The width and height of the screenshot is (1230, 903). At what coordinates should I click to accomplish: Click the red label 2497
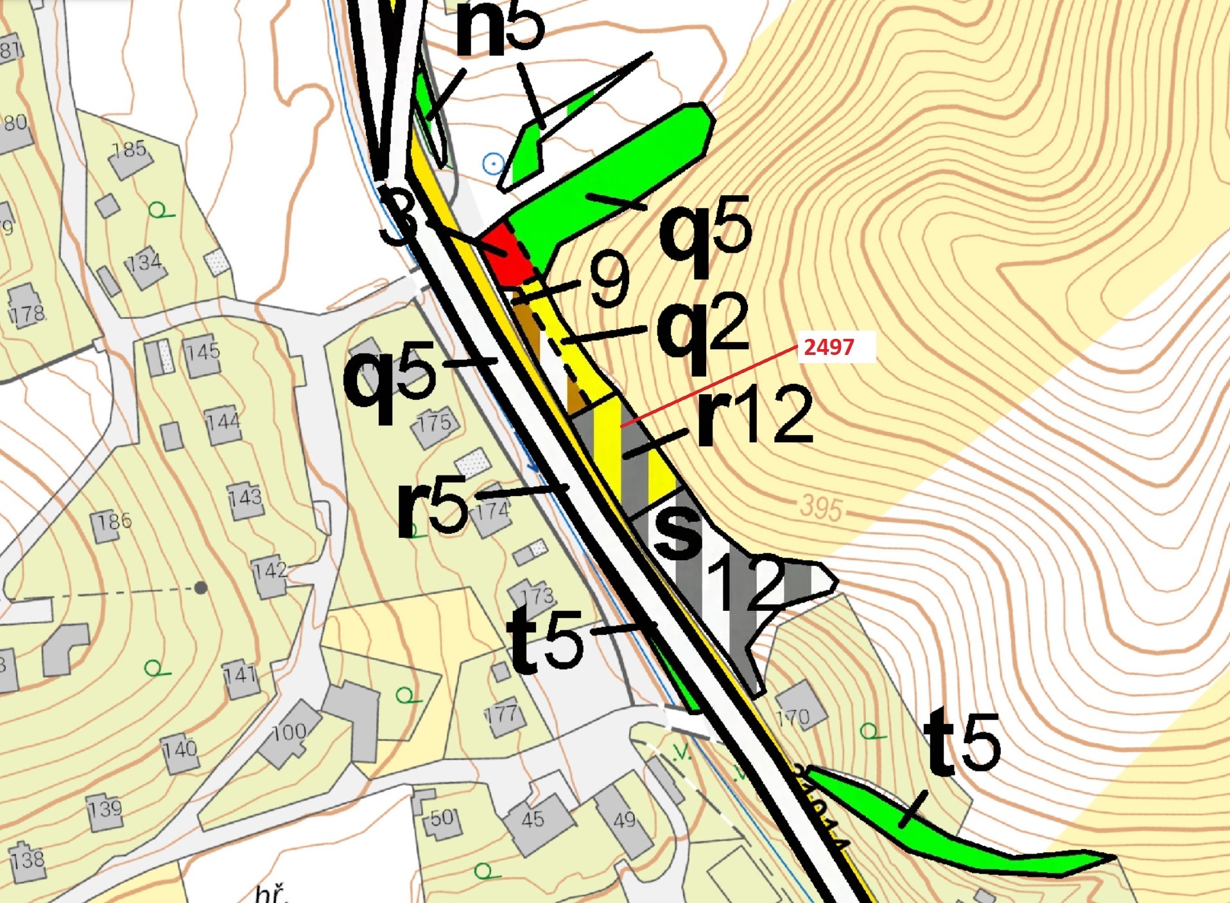click(829, 347)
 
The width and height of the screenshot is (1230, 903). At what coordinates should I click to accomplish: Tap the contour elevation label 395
click(821, 509)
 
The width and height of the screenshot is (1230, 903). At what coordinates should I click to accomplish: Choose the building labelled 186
click(113, 522)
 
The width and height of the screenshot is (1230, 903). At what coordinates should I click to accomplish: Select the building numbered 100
click(289, 735)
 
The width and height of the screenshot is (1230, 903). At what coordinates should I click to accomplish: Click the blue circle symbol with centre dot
click(493, 164)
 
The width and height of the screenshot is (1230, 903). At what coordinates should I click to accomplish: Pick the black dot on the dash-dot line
click(201, 587)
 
